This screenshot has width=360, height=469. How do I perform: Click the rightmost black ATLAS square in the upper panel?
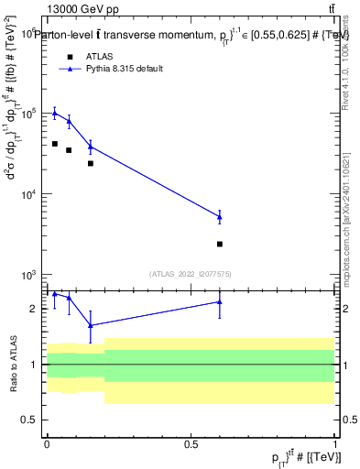click(220, 244)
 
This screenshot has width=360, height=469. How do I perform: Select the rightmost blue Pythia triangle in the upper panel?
click(220, 216)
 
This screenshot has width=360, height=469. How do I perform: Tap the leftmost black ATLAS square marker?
click(55, 144)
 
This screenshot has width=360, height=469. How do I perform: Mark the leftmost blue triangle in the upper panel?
click(55, 113)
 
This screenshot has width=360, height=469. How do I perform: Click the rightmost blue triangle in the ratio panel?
click(220, 301)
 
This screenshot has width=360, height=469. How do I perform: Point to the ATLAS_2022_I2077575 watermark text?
click(191, 273)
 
